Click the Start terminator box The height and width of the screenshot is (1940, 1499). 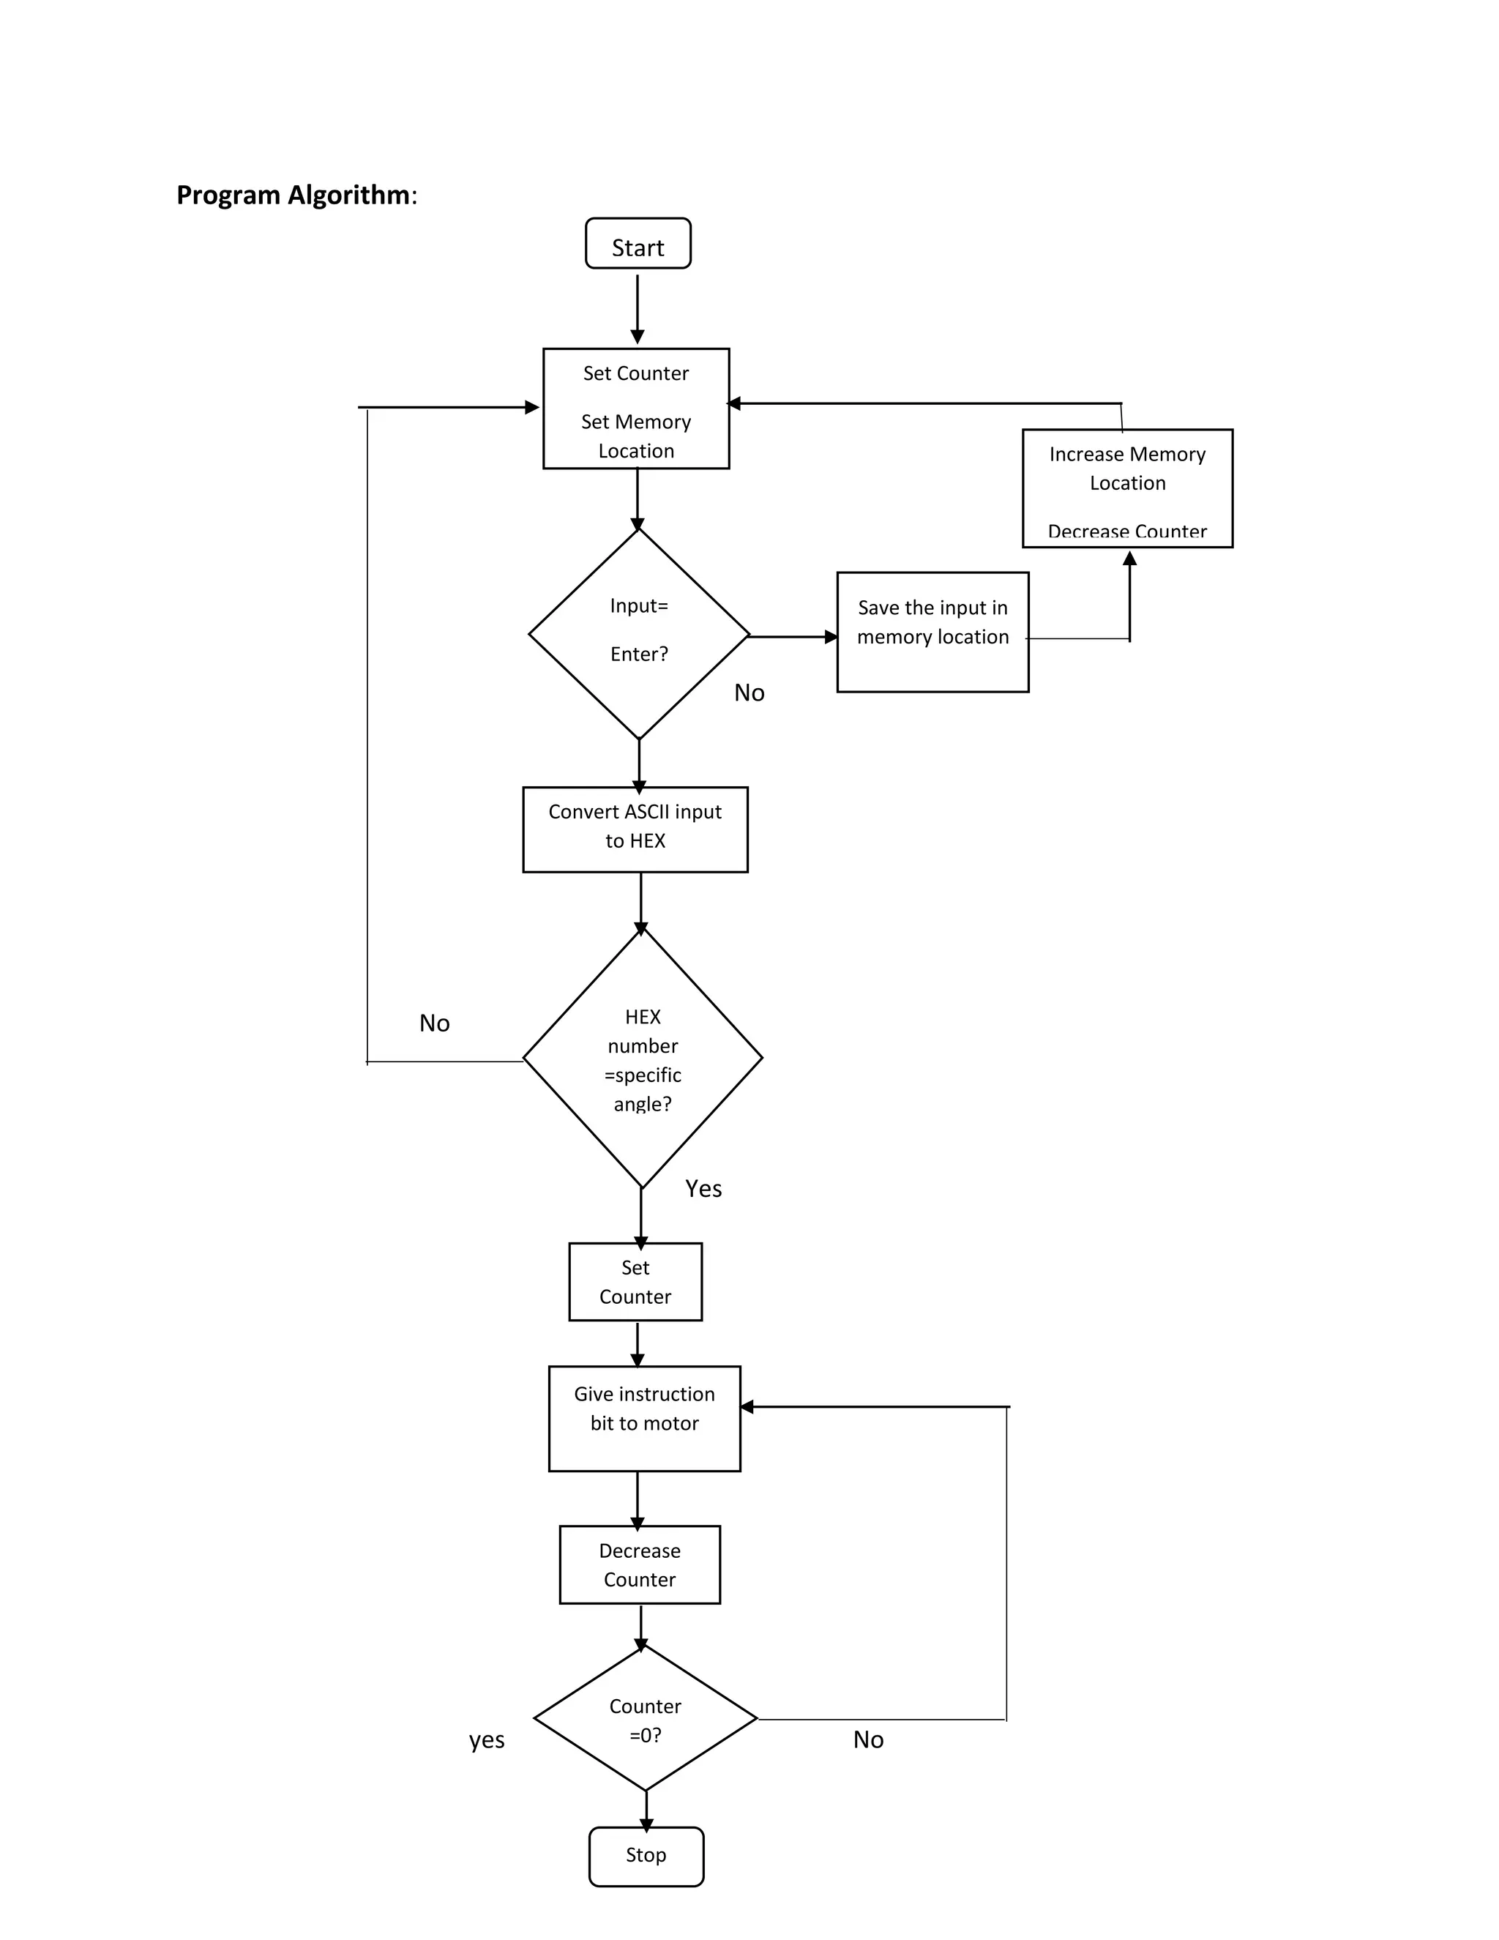tap(638, 243)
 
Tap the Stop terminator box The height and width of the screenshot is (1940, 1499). tap(646, 1856)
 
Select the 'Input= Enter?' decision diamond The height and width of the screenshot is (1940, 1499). tap(638, 633)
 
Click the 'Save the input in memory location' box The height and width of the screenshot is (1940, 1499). tap(932, 632)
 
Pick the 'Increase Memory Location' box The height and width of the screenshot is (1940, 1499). tap(1127, 488)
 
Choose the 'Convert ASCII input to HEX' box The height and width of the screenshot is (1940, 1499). tap(635, 829)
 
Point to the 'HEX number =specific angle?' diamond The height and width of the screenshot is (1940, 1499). tap(642, 1058)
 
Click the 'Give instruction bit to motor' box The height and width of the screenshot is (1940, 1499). tap(644, 1419)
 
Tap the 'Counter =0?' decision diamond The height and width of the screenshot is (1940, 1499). tap(645, 1719)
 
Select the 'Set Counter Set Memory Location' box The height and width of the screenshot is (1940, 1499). tap(636, 408)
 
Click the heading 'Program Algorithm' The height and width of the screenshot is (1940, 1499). tap(293, 195)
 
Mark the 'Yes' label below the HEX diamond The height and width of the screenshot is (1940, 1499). tap(703, 1188)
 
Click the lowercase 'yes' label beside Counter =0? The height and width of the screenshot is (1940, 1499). tap(487, 1739)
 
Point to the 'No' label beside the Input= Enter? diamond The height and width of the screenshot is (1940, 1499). tap(749, 693)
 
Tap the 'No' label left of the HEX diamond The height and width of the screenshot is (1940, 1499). tap(434, 1023)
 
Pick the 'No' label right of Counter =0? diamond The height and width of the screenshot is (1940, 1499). tap(867, 1739)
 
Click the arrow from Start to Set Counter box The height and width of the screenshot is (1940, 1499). tap(638, 308)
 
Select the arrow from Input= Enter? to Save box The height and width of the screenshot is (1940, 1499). tap(793, 636)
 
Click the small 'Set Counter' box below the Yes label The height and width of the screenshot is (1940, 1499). tap(635, 1282)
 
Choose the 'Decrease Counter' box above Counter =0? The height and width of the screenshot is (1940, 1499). tap(640, 1565)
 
